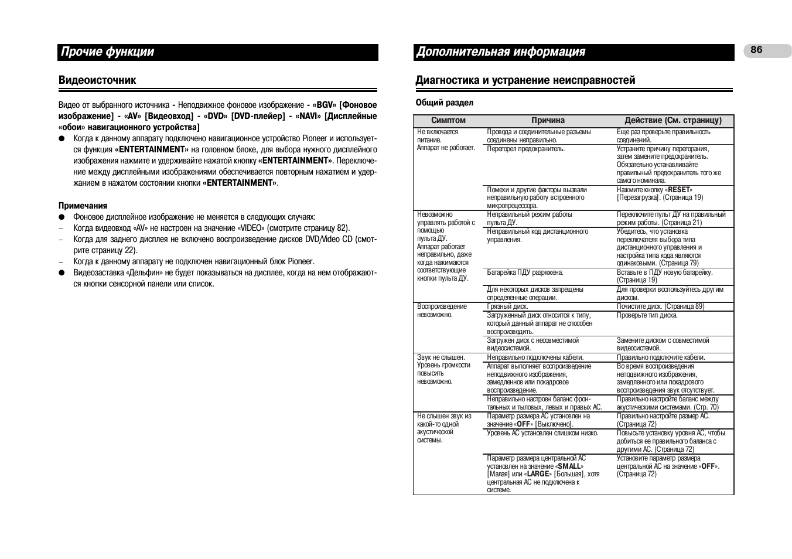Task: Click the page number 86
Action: pos(756,50)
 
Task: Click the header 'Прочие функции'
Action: pos(107,52)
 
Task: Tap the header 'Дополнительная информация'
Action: pos(500,52)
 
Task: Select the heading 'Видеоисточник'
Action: pos(97,80)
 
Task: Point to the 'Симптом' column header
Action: pos(448,121)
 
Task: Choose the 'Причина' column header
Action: pos(548,121)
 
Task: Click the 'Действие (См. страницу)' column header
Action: pos(672,121)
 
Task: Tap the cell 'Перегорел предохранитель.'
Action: pos(525,149)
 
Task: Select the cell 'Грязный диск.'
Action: pos(507,306)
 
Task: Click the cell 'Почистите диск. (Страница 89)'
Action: pos(660,306)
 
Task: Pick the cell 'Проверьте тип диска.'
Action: pos(647,315)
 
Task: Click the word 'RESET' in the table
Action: pos(679,190)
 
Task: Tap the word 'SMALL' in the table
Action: pos(569,466)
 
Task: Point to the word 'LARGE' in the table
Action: pos(538,474)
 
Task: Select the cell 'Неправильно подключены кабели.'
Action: pos(535,357)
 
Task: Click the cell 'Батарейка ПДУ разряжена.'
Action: pos(525,272)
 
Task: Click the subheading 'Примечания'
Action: pos(83,206)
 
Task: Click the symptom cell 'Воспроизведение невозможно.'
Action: pos(442,311)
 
